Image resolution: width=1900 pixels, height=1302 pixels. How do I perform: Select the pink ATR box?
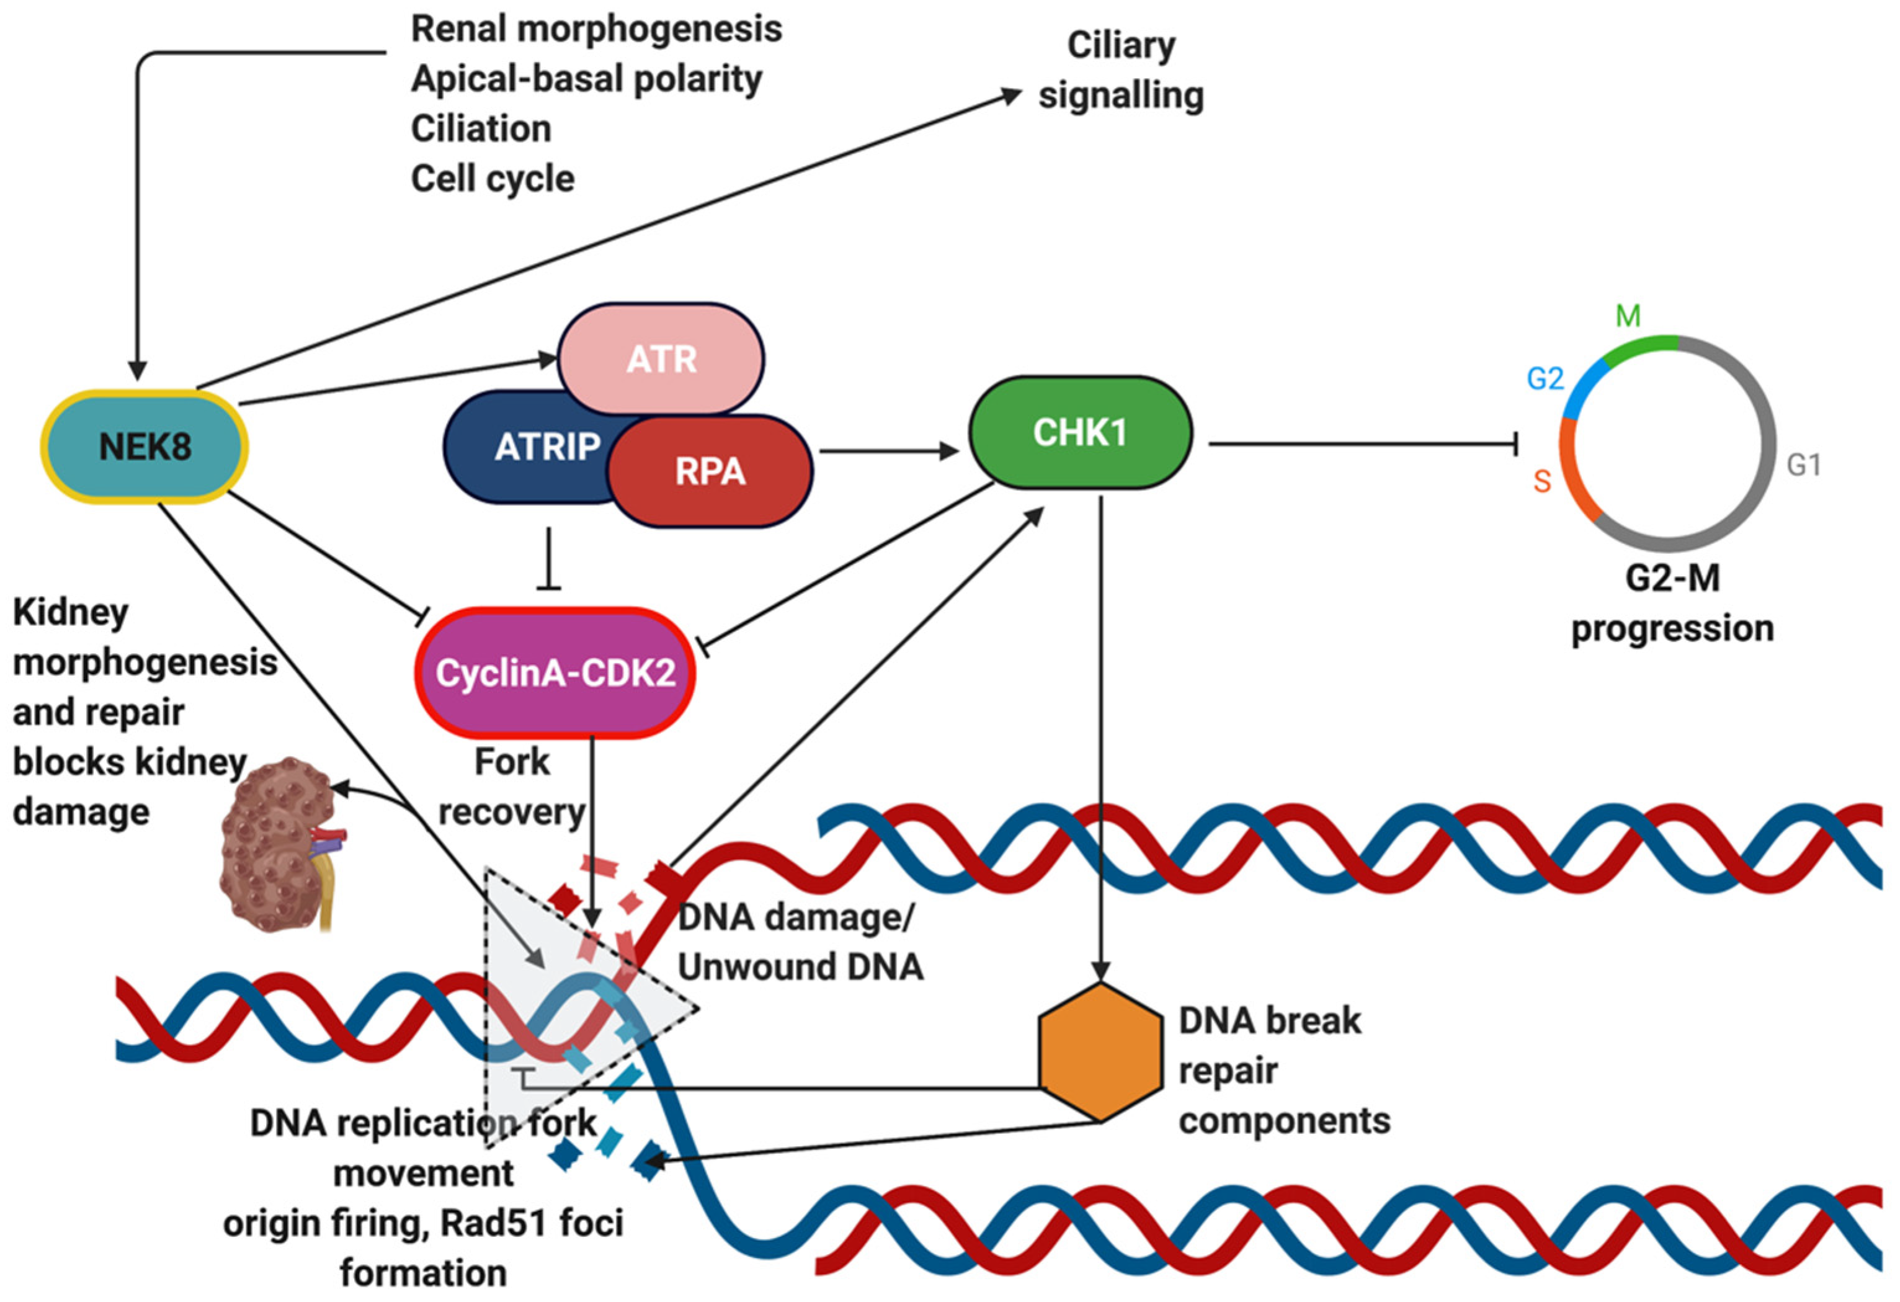click(x=661, y=359)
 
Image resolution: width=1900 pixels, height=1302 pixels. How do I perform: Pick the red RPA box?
click(x=710, y=471)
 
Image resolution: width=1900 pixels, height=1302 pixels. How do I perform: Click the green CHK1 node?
click(x=1079, y=432)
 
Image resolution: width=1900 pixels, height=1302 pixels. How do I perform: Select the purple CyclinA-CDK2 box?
click(x=555, y=672)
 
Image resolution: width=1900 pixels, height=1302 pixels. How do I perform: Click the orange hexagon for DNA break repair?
click(x=1100, y=1052)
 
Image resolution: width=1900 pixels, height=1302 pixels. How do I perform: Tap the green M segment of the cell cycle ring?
click(x=1639, y=347)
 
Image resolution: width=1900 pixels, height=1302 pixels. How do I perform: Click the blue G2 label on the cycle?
click(x=1545, y=378)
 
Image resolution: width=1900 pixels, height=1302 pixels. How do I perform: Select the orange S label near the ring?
click(x=1542, y=481)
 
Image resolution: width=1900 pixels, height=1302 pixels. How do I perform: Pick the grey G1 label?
click(x=1803, y=465)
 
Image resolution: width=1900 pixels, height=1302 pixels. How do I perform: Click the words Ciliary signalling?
click(x=1120, y=70)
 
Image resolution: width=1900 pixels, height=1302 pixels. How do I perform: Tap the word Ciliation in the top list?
click(x=481, y=128)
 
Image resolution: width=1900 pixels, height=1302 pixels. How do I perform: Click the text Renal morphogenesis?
click(x=596, y=29)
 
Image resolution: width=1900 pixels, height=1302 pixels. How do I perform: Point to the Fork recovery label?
click(x=512, y=787)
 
